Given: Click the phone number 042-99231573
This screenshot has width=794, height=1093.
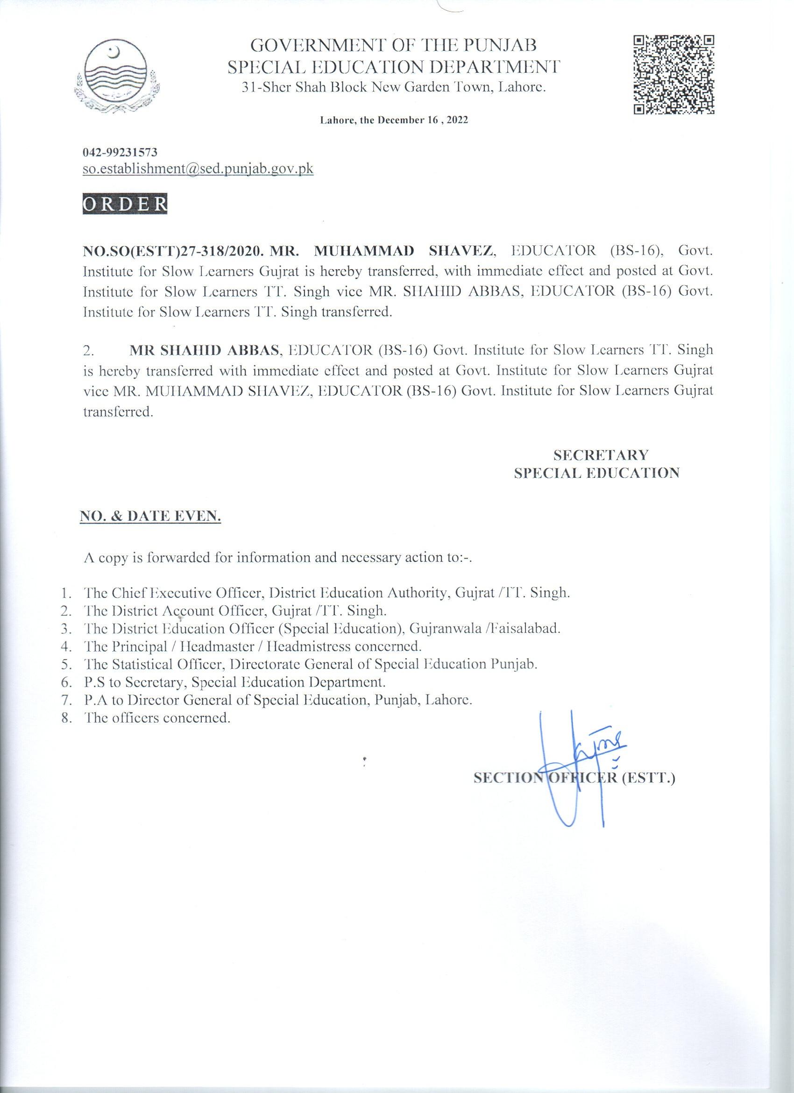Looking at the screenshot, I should pyautogui.click(x=120, y=152).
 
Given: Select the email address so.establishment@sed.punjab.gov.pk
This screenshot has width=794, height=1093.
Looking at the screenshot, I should pyautogui.click(x=198, y=169).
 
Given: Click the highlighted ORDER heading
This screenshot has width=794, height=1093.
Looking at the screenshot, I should pyautogui.click(x=125, y=204).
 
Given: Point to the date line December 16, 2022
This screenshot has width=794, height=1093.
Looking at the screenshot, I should pyautogui.click(x=394, y=121).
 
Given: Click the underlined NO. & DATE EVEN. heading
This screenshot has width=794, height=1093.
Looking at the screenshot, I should pyautogui.click(x=150, y=517).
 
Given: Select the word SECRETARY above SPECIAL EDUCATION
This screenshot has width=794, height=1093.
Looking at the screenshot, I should pyautogui.click(x=600, y=454).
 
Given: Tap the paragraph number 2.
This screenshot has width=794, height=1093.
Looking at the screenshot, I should pyautogui.click(x=90, y=351).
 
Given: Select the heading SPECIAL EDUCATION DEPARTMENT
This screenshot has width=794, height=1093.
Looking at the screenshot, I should pyautogui.click(x=394, y=66).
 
